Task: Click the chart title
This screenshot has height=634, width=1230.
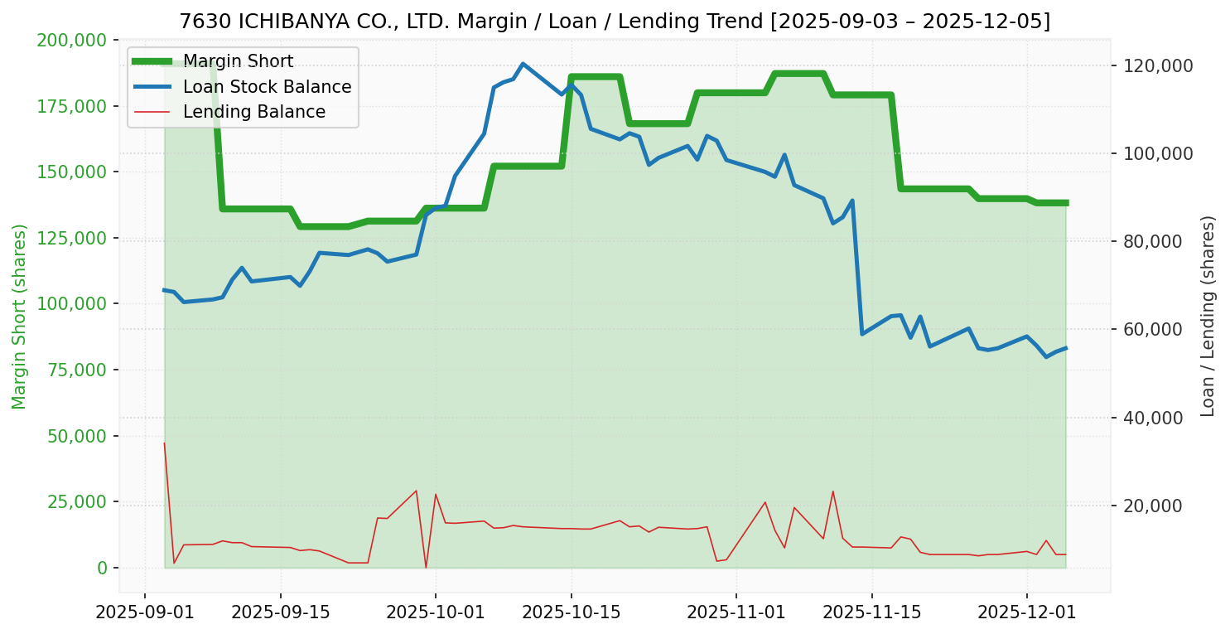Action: tap(615, 22)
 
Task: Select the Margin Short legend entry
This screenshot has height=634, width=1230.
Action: tap(238, 61)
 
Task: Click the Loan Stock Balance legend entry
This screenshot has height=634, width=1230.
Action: tap(267, 87)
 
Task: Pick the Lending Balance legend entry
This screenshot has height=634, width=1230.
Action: tap(253, 112)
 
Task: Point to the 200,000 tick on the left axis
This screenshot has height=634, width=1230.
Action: tap(72, 40)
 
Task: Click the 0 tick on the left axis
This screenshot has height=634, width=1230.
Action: tap(103, 568)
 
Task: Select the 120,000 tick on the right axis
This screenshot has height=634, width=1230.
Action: tap(1157, 65)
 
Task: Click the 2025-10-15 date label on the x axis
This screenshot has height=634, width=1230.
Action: tap(571, 614)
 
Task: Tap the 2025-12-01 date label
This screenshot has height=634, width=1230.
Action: tap(1027, 614)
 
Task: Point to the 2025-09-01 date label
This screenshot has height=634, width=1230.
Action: tap(145, 614)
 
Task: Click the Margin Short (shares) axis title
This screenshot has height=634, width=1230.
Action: tap(20, 316)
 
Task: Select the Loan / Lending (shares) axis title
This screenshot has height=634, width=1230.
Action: tap(1208, 316)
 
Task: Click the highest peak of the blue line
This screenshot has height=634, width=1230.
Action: tap(523, 64)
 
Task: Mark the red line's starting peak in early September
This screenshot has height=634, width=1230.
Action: tap(164, 443)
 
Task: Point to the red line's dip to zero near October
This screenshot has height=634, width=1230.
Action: tap(426, 568)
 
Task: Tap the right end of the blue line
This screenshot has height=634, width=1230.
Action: tap(1066, 348)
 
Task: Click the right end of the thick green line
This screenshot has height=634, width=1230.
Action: tap(1066, 203)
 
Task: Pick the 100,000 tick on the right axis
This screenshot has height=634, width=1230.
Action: tap(1157, 153)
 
